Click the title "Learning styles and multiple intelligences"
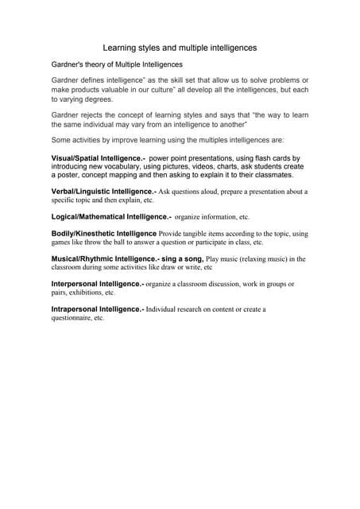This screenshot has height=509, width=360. (x=180, y=48)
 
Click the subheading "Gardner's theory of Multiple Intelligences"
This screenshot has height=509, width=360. (x=117, y=64)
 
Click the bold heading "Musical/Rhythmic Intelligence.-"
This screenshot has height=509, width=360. (x=106, y=258)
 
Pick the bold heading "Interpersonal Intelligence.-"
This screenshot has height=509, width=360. (x=98, y=284)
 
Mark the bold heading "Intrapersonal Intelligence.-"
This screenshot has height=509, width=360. (x=98, y=309)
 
